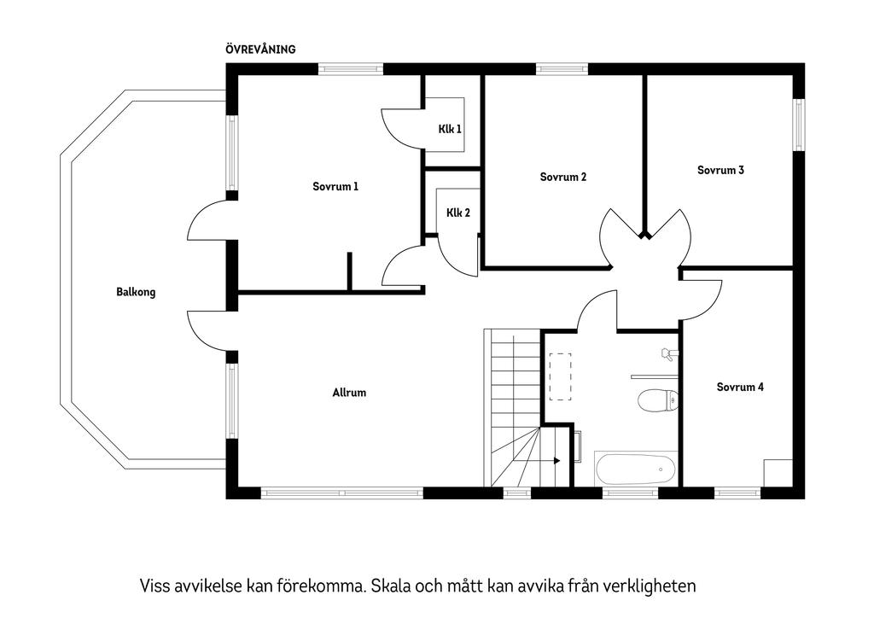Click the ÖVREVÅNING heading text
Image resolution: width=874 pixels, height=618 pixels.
(260, 50)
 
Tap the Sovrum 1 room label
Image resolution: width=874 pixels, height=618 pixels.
(335, 186)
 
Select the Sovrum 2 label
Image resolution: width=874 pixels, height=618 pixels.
(563, 178)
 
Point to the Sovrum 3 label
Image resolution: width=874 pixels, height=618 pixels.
(720, 170)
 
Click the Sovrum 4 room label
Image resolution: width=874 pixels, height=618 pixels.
(740, 387)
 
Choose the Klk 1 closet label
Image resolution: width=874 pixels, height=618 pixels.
(450, 130)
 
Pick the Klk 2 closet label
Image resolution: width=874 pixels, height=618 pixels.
(458, 213)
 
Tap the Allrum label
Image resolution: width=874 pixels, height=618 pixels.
(349, 393)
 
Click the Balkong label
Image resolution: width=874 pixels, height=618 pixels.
(136, 292)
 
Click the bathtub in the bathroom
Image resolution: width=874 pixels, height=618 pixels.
(636, 469)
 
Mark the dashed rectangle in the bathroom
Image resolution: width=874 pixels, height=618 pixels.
(560, 376)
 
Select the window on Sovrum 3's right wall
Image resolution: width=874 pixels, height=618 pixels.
(799, 125)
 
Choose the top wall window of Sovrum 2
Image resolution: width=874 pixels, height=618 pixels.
(562, 69)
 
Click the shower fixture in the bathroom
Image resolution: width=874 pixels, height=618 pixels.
(667, 353)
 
